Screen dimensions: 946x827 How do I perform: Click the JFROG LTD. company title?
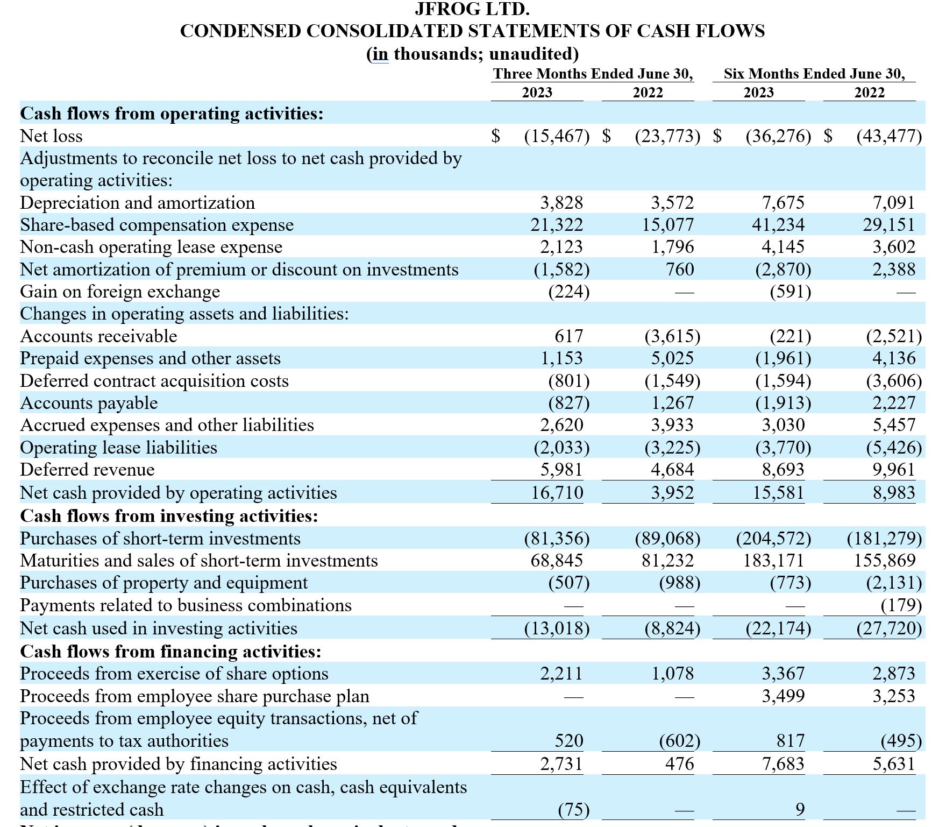[x=472, y=9]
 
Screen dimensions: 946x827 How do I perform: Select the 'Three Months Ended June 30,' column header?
[x=593, y=74]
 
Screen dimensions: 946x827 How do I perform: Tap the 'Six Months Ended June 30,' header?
[x=814, y=74]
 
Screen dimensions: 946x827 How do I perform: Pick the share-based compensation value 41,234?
[x=778, y=225]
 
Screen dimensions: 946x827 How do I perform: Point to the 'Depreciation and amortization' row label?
[x=137, y=203]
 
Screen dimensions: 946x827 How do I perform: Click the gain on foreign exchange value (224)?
[x=568, y=292]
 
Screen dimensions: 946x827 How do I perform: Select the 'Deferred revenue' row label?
[x=87, y=470]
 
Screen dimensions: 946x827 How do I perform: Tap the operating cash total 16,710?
[x=557, y=493]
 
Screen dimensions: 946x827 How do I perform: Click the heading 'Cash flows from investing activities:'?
[x=169, y=516]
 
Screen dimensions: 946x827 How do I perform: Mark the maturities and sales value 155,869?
[x=885, y=561]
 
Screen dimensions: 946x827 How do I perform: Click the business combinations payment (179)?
[x=901, y=605]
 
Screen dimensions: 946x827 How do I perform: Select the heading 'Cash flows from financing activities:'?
[x=170, y=652]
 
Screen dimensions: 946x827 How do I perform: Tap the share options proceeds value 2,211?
[x=561, y=674]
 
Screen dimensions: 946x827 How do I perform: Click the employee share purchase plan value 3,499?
[x=783, y=696]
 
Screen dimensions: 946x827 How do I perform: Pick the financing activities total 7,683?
[x=783, y=764]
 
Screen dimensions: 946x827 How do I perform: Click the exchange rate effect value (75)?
[x=573, y=810]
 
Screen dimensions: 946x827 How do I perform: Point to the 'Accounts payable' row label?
[x=89, y=403]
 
